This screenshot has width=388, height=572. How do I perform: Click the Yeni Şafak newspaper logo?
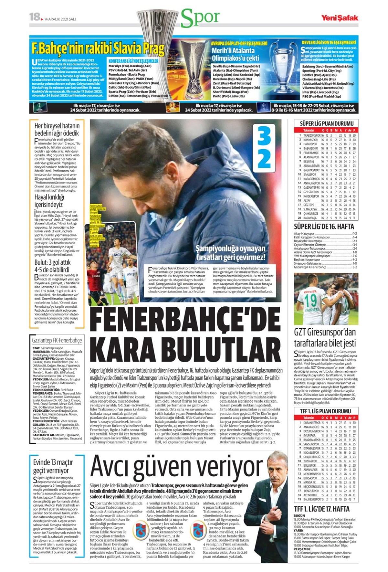(x=339, y=18)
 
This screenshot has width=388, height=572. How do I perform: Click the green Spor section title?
(x=200, y=18)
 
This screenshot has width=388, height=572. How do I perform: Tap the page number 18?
(x=35, y=17)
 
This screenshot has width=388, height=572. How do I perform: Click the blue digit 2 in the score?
(x=264, y=159)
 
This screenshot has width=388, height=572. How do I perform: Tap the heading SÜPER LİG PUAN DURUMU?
(x=327, y=123)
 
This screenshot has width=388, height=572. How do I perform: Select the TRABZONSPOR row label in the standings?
(x=312, y=135)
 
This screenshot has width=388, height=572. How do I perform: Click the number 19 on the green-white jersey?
(x=310, y=300)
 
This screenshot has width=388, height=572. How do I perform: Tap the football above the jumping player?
(x=110, y=228)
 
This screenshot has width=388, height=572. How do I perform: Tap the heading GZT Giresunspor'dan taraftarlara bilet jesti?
(x=325, y=338)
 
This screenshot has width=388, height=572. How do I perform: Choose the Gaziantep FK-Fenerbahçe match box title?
(x=57, y=340)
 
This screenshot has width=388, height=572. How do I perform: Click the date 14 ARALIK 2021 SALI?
(x=60, y=19)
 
